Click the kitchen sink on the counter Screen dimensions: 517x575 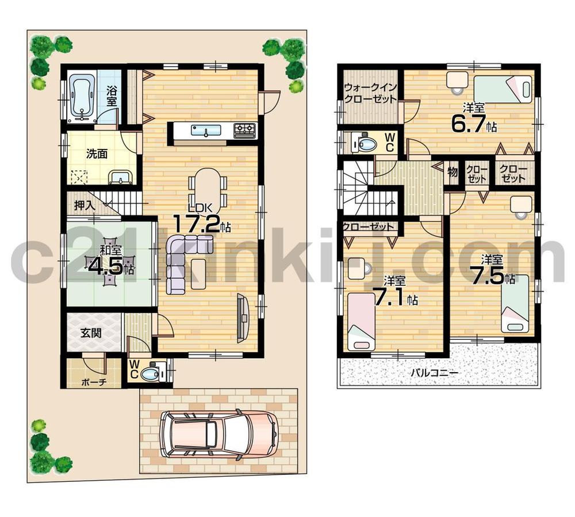coord(205,132)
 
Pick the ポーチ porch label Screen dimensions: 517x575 coord(93,382)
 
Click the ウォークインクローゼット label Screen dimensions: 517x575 coord(370,93)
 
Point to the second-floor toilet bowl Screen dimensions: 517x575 coord(365,143)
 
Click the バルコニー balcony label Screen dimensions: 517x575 coord(434,373)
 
